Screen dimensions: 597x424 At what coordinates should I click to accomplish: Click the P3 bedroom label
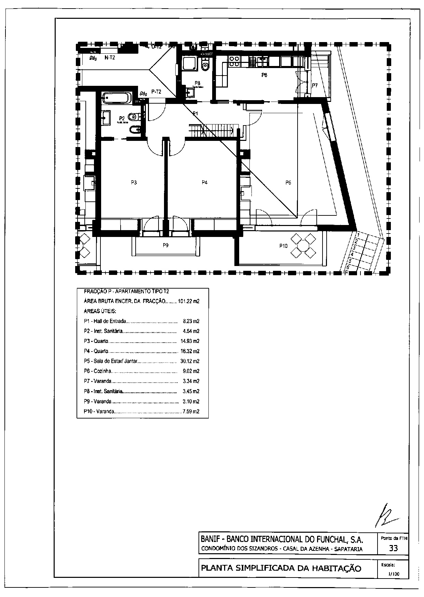click(x=134, y=183)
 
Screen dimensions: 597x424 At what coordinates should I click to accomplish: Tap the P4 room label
click(x=204, y=183)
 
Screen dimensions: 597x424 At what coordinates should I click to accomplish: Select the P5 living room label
click(x=288, y=183)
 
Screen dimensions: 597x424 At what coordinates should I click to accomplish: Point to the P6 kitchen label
click(x=264, y=75)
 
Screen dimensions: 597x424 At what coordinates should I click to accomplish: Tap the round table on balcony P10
click(x=303, y=245)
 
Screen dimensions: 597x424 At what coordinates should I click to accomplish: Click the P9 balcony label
click(x=165, y=245)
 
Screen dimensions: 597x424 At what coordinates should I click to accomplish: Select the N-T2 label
click(x=110, y=58)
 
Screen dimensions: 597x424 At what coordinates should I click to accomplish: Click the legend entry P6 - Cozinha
click(x=98, y=371)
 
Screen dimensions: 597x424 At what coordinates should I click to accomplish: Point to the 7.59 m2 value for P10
click(x=191, y=411)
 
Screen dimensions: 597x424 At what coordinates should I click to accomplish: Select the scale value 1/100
click(x=394, y=574)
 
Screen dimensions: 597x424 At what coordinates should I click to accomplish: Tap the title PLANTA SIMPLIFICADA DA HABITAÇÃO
click(x=281, y=568)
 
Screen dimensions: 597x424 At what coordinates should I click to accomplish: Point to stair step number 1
click(x=358, y=235)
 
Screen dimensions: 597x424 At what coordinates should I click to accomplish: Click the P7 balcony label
click(x=314, y=85)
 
